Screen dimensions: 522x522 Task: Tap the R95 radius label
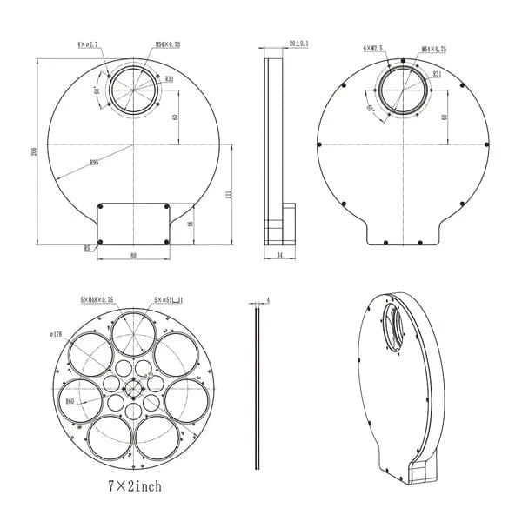(x=94, y=163)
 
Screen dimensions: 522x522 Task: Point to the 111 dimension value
(x=228, y=197)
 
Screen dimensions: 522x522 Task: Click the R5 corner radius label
(x=87, y=248)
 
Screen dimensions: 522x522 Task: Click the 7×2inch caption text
(x=135, y=485)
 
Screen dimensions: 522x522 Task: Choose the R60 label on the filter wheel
(x=70, y=401)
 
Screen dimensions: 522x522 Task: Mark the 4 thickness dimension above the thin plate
(x=268, y=300)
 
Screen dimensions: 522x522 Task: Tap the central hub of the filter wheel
(x=134, y=388)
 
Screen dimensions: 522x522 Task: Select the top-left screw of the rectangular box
(x=101, y=206)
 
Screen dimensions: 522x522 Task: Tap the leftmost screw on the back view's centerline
(x=320, y=144)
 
